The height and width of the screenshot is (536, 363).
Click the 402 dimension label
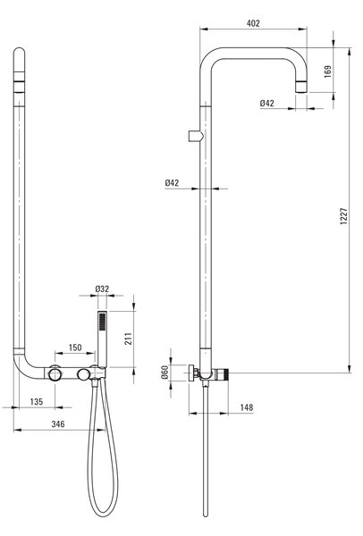tap(253, 23)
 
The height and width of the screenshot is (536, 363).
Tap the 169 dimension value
tap(327, 71)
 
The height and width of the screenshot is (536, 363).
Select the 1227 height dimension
tap(343, 215)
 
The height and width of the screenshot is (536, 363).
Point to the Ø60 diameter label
tap(165, 372)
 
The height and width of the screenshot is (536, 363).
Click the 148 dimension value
tap(247, 407)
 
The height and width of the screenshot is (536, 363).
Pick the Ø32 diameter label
tap(102, 289)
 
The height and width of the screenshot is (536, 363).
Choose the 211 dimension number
tap(128, 339)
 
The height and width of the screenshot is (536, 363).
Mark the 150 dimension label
tap(75, 348)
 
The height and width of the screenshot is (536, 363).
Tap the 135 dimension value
tap(37, 401)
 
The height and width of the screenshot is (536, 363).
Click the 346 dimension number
tap(58, 423)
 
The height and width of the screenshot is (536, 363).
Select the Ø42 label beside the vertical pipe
tap(172, 183)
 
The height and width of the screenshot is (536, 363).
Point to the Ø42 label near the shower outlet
tap(266, 103)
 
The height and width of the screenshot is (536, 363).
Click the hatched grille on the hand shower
tap(102, 322)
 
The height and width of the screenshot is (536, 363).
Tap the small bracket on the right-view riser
tap(196, 136)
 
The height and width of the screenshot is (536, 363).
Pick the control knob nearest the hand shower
tap(83, 374)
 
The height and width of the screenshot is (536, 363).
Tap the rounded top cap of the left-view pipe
tap(19, 52)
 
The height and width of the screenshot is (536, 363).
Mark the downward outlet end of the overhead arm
tap(301, 88)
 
